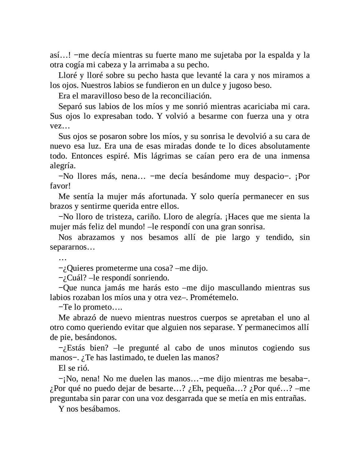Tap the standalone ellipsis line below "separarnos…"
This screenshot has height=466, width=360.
[63, 258]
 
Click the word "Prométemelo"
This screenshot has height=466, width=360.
[213, 297]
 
